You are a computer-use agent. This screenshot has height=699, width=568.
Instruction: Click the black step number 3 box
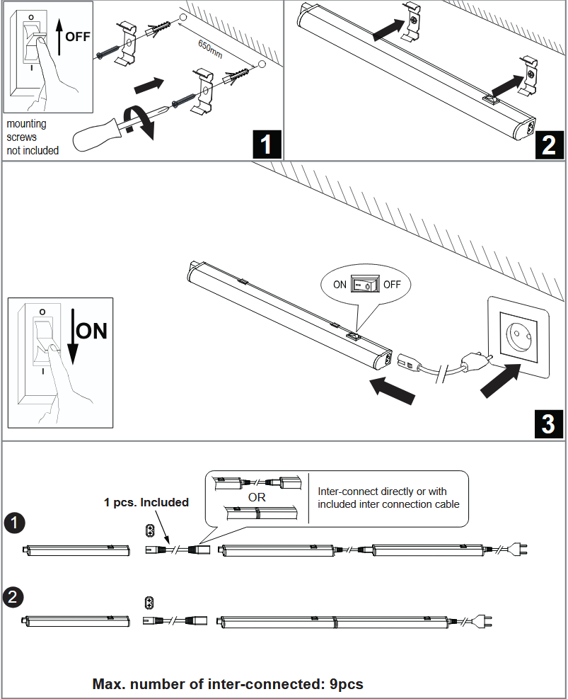coord(549,424)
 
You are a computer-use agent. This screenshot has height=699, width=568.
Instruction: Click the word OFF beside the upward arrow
coord(78,37)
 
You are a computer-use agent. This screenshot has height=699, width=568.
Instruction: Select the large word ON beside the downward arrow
coord(91,331)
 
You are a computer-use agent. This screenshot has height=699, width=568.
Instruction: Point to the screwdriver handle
coord(95,132)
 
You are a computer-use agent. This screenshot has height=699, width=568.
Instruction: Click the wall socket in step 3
coord(518,337)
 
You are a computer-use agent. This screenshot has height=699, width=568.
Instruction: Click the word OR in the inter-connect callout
coord(257,497)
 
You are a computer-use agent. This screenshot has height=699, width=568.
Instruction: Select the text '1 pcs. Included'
coord(146,502)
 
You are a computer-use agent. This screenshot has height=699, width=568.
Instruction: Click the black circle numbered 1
coord(14,523)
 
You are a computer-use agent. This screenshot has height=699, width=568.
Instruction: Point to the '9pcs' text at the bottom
coord(347,684)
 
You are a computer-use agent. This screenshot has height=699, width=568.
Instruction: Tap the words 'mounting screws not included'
coord(33,137)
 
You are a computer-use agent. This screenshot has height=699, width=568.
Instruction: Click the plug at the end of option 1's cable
coord(518,549)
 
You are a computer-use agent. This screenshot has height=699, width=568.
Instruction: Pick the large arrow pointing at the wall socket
coord(501,381)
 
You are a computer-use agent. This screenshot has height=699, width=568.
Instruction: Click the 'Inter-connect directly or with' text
coord(382,491)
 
